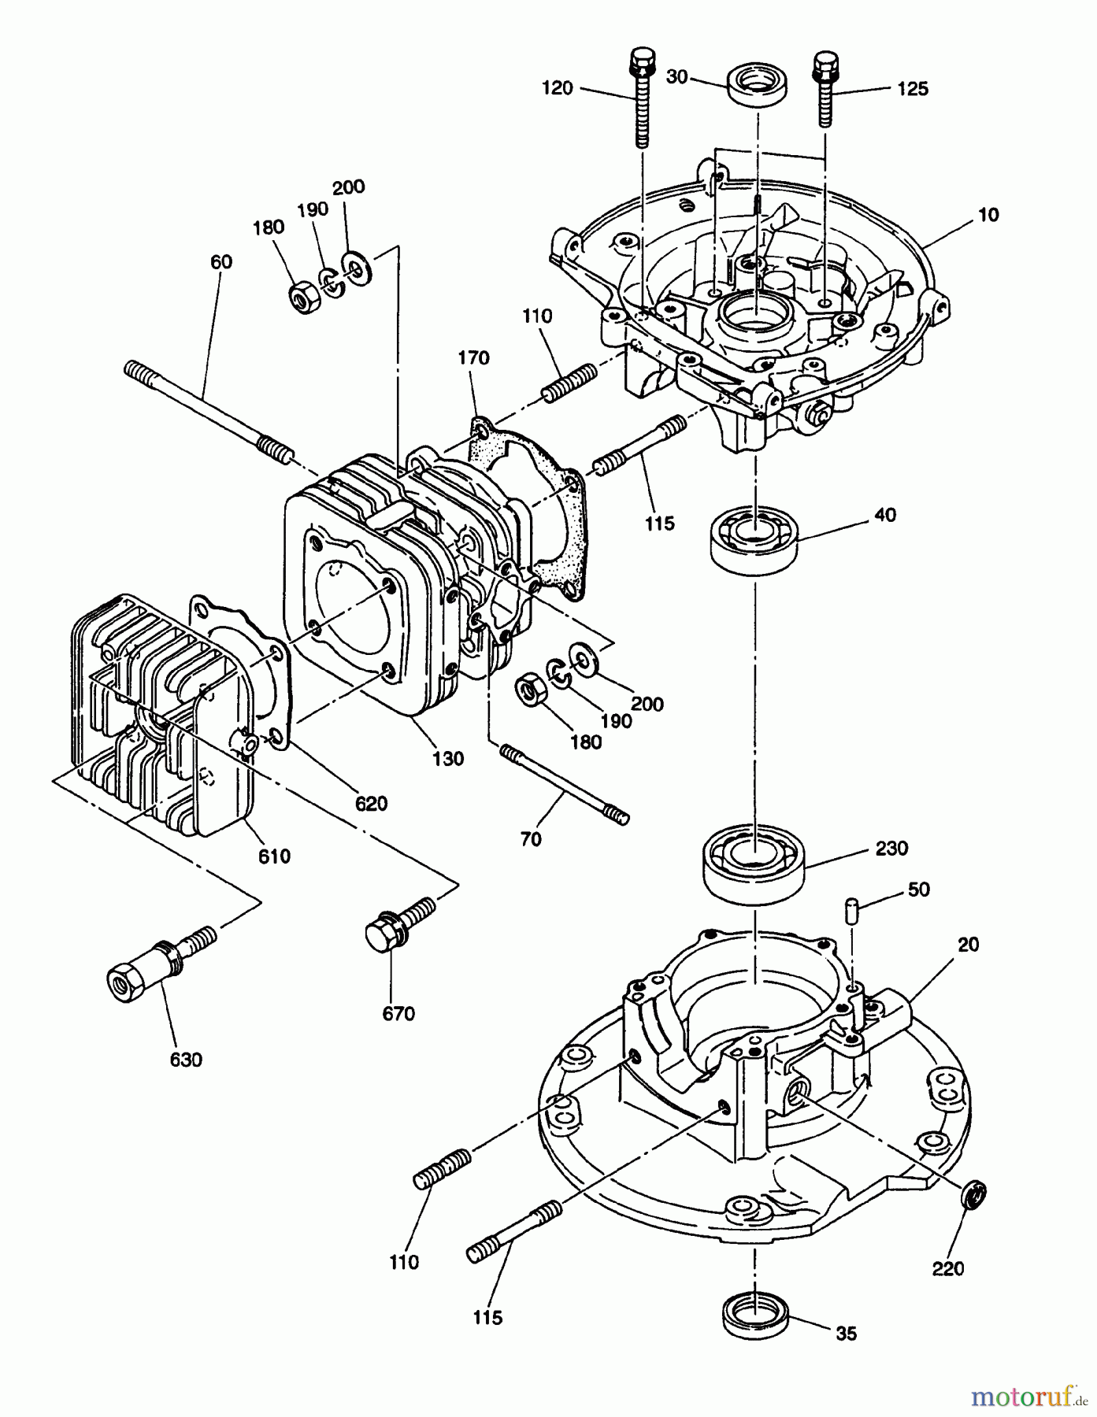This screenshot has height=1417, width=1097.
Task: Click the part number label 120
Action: click(x=557, y=88)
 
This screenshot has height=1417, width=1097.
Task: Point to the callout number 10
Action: click(x=989, y=215)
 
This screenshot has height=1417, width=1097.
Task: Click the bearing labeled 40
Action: click(x=754, y=537)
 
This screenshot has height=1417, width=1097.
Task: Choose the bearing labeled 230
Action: click(x=754, y=861)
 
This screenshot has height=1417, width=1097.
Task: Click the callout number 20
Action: click(x=968, y=945)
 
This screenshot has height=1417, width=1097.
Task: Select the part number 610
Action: click(x=274, y=856)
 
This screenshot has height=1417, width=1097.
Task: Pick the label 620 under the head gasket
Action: click(x=371, y=803)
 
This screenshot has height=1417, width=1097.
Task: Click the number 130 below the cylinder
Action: click(x=447, y=759)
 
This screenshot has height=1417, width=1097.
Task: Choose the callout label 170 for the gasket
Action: click(x=473, y=358)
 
